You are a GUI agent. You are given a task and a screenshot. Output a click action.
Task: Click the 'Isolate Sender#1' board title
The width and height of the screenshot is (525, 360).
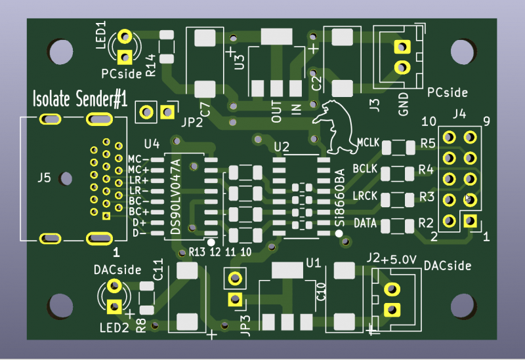80,100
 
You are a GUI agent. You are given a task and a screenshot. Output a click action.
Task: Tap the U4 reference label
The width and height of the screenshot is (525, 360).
152,143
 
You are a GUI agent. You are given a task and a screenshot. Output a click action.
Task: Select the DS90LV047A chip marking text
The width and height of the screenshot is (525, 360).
175,197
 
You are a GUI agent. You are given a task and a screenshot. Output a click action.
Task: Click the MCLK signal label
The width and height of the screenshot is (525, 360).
369,142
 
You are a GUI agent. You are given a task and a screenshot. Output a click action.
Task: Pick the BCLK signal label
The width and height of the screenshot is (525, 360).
366,169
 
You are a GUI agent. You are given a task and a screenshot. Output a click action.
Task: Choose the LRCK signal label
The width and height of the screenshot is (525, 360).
366,196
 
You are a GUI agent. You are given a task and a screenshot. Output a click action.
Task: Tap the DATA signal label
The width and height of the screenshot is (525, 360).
366,223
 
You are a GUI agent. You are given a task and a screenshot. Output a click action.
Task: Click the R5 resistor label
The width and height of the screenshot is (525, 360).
428,143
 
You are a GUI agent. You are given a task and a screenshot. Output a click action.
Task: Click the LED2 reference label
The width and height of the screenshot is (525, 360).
114,327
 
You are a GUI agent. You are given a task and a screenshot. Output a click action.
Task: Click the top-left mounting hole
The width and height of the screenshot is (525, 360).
60,52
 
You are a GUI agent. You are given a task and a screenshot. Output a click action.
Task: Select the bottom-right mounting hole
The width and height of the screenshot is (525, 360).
465,305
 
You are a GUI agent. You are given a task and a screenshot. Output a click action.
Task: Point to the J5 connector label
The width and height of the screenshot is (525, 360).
44,177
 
